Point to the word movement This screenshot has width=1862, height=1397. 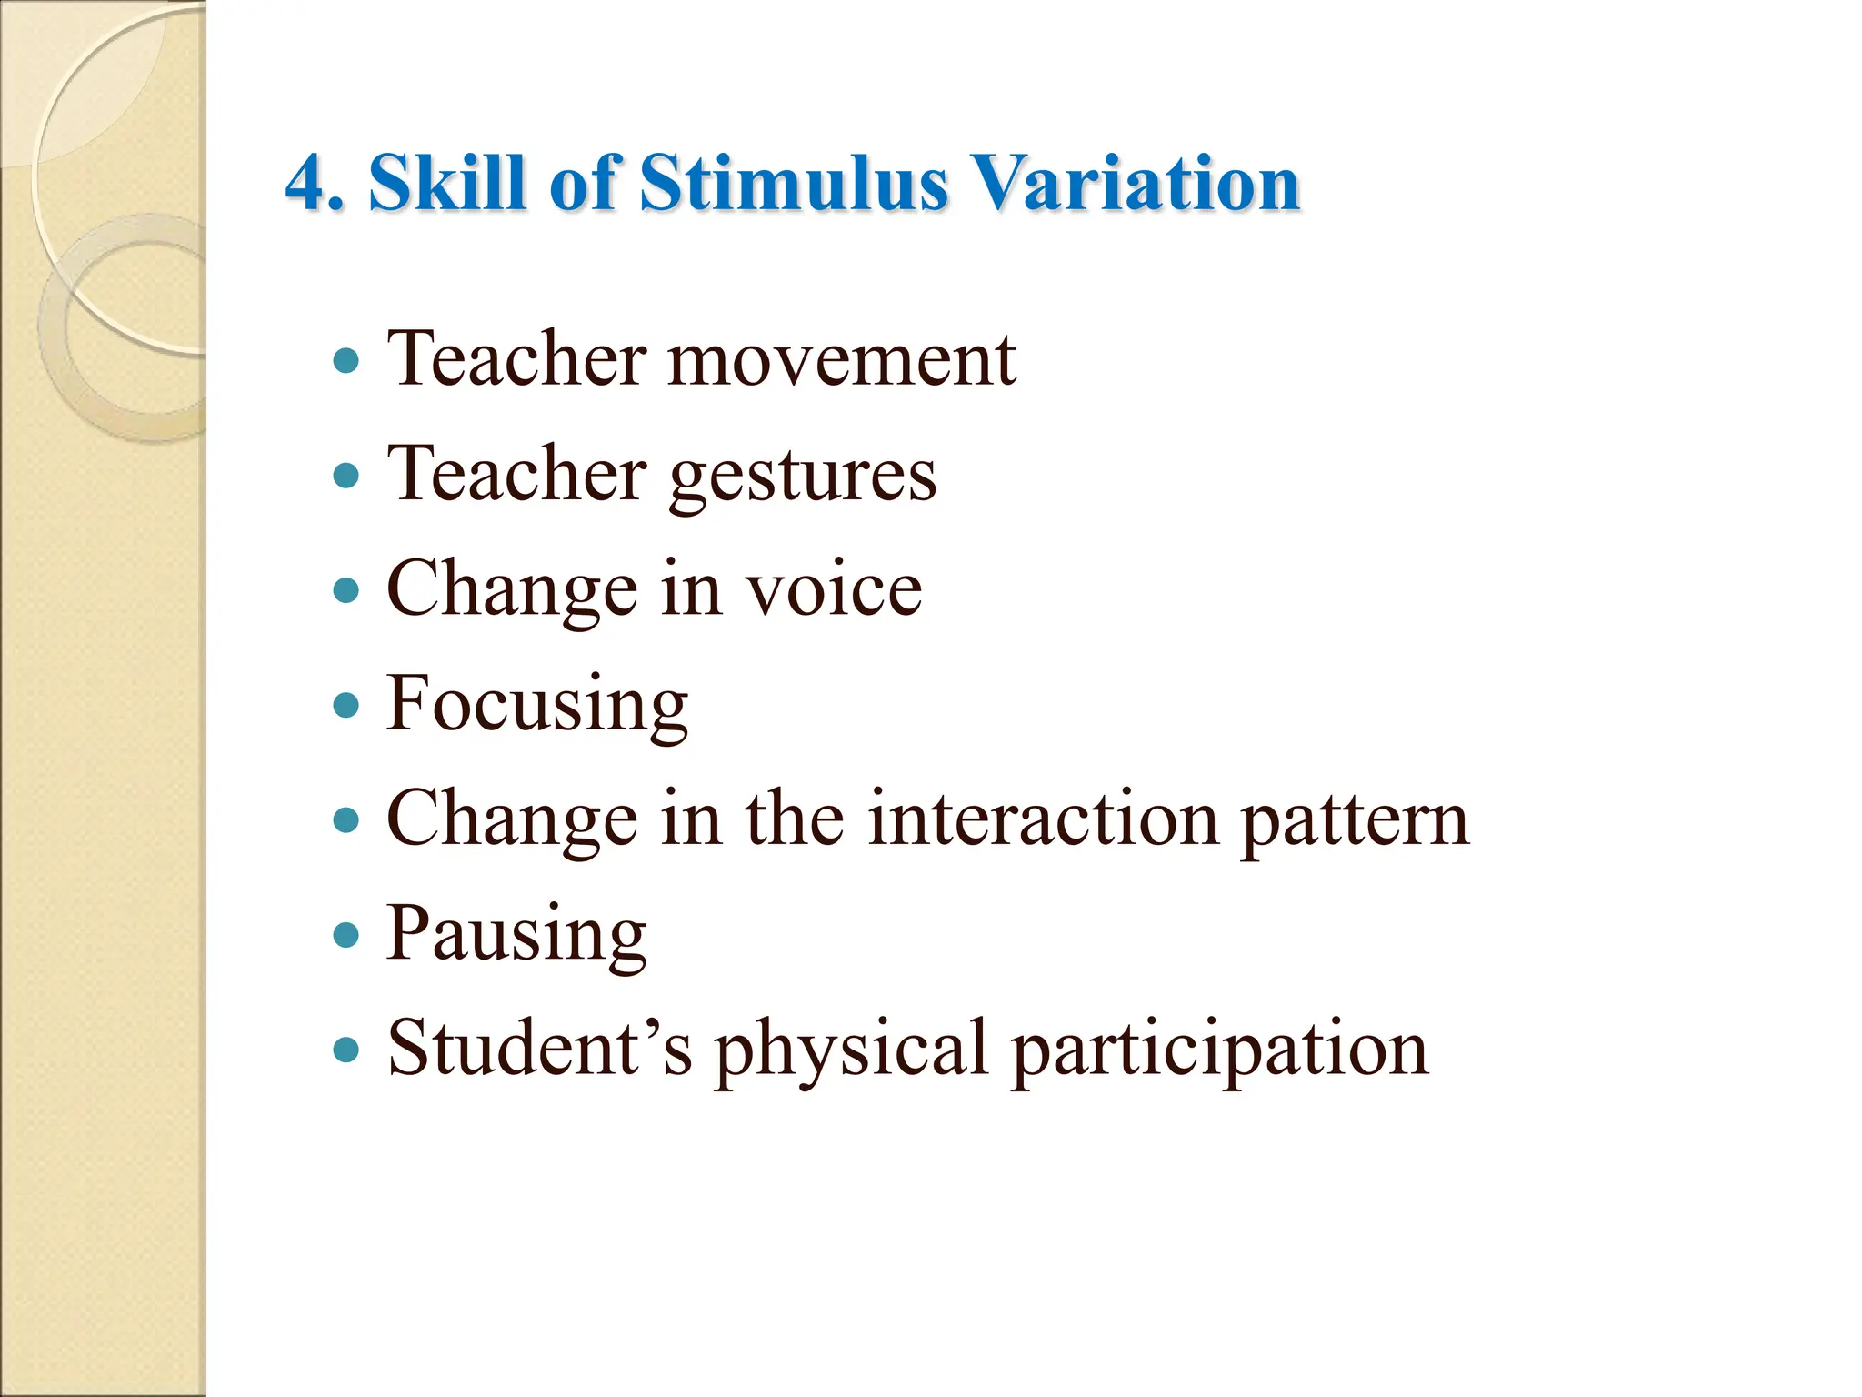842,360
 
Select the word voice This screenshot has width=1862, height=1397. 834,590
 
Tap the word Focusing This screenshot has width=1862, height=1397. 536,705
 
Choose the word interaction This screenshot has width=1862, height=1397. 1042,819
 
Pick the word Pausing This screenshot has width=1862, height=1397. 516,934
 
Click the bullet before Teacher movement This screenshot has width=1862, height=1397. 346,361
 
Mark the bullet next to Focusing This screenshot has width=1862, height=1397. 346,705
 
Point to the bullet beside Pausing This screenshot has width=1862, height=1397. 346,935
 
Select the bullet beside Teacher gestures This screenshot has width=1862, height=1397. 346,476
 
